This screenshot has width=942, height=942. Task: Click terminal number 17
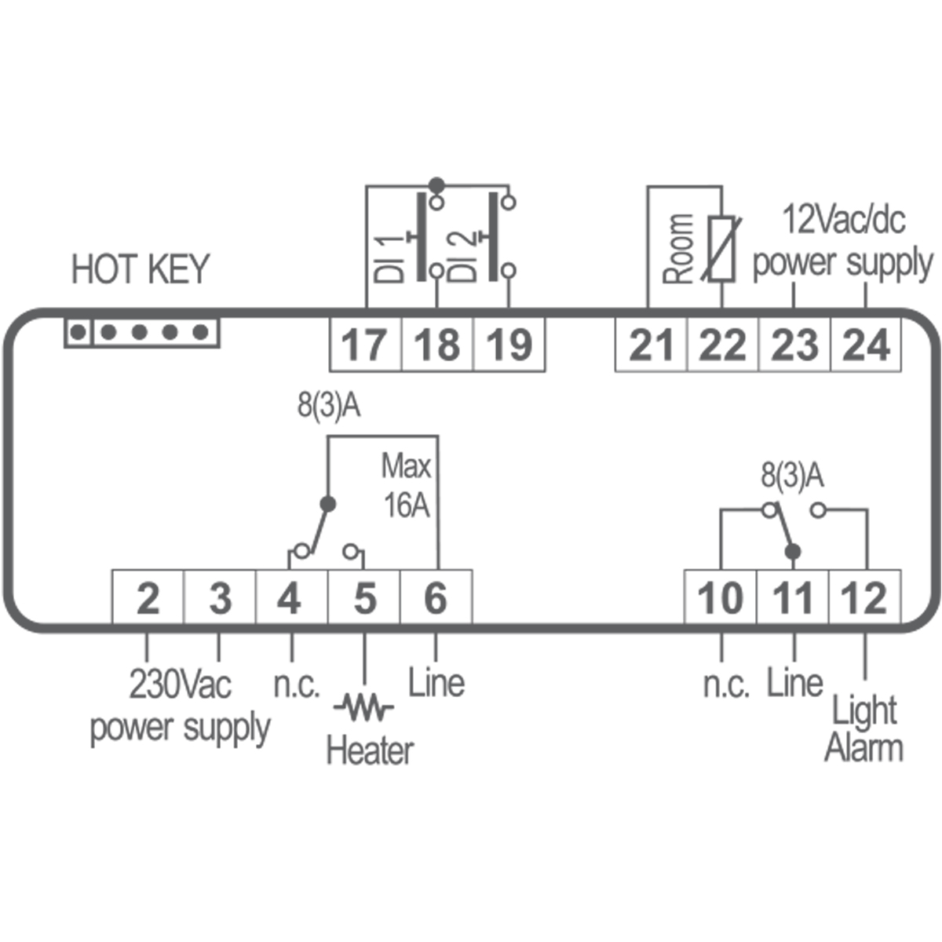tap(365, 345)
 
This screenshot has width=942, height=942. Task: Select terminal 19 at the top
tap(509, 345)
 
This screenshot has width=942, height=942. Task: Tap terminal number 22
tap(723, 345)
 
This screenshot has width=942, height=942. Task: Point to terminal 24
tap(867, 345)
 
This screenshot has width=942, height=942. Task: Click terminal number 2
tap(148, 599)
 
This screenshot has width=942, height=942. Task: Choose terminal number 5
tap(364, 599)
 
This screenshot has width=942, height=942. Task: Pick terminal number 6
tap(436, 599)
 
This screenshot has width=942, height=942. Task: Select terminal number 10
tap(721, 599)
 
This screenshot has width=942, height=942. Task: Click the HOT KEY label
tap(141, 270)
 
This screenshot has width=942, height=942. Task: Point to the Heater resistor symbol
tap(363, 708)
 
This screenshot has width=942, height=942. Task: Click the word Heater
tap(369, 750)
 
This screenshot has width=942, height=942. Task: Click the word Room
tap(679, 249)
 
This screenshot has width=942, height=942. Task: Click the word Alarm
tap(863, 747)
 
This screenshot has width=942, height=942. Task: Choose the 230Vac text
tap(181, 685)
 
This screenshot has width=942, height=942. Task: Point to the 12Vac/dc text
tap(844, 220)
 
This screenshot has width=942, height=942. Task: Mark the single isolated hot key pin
tap(77, 333)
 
